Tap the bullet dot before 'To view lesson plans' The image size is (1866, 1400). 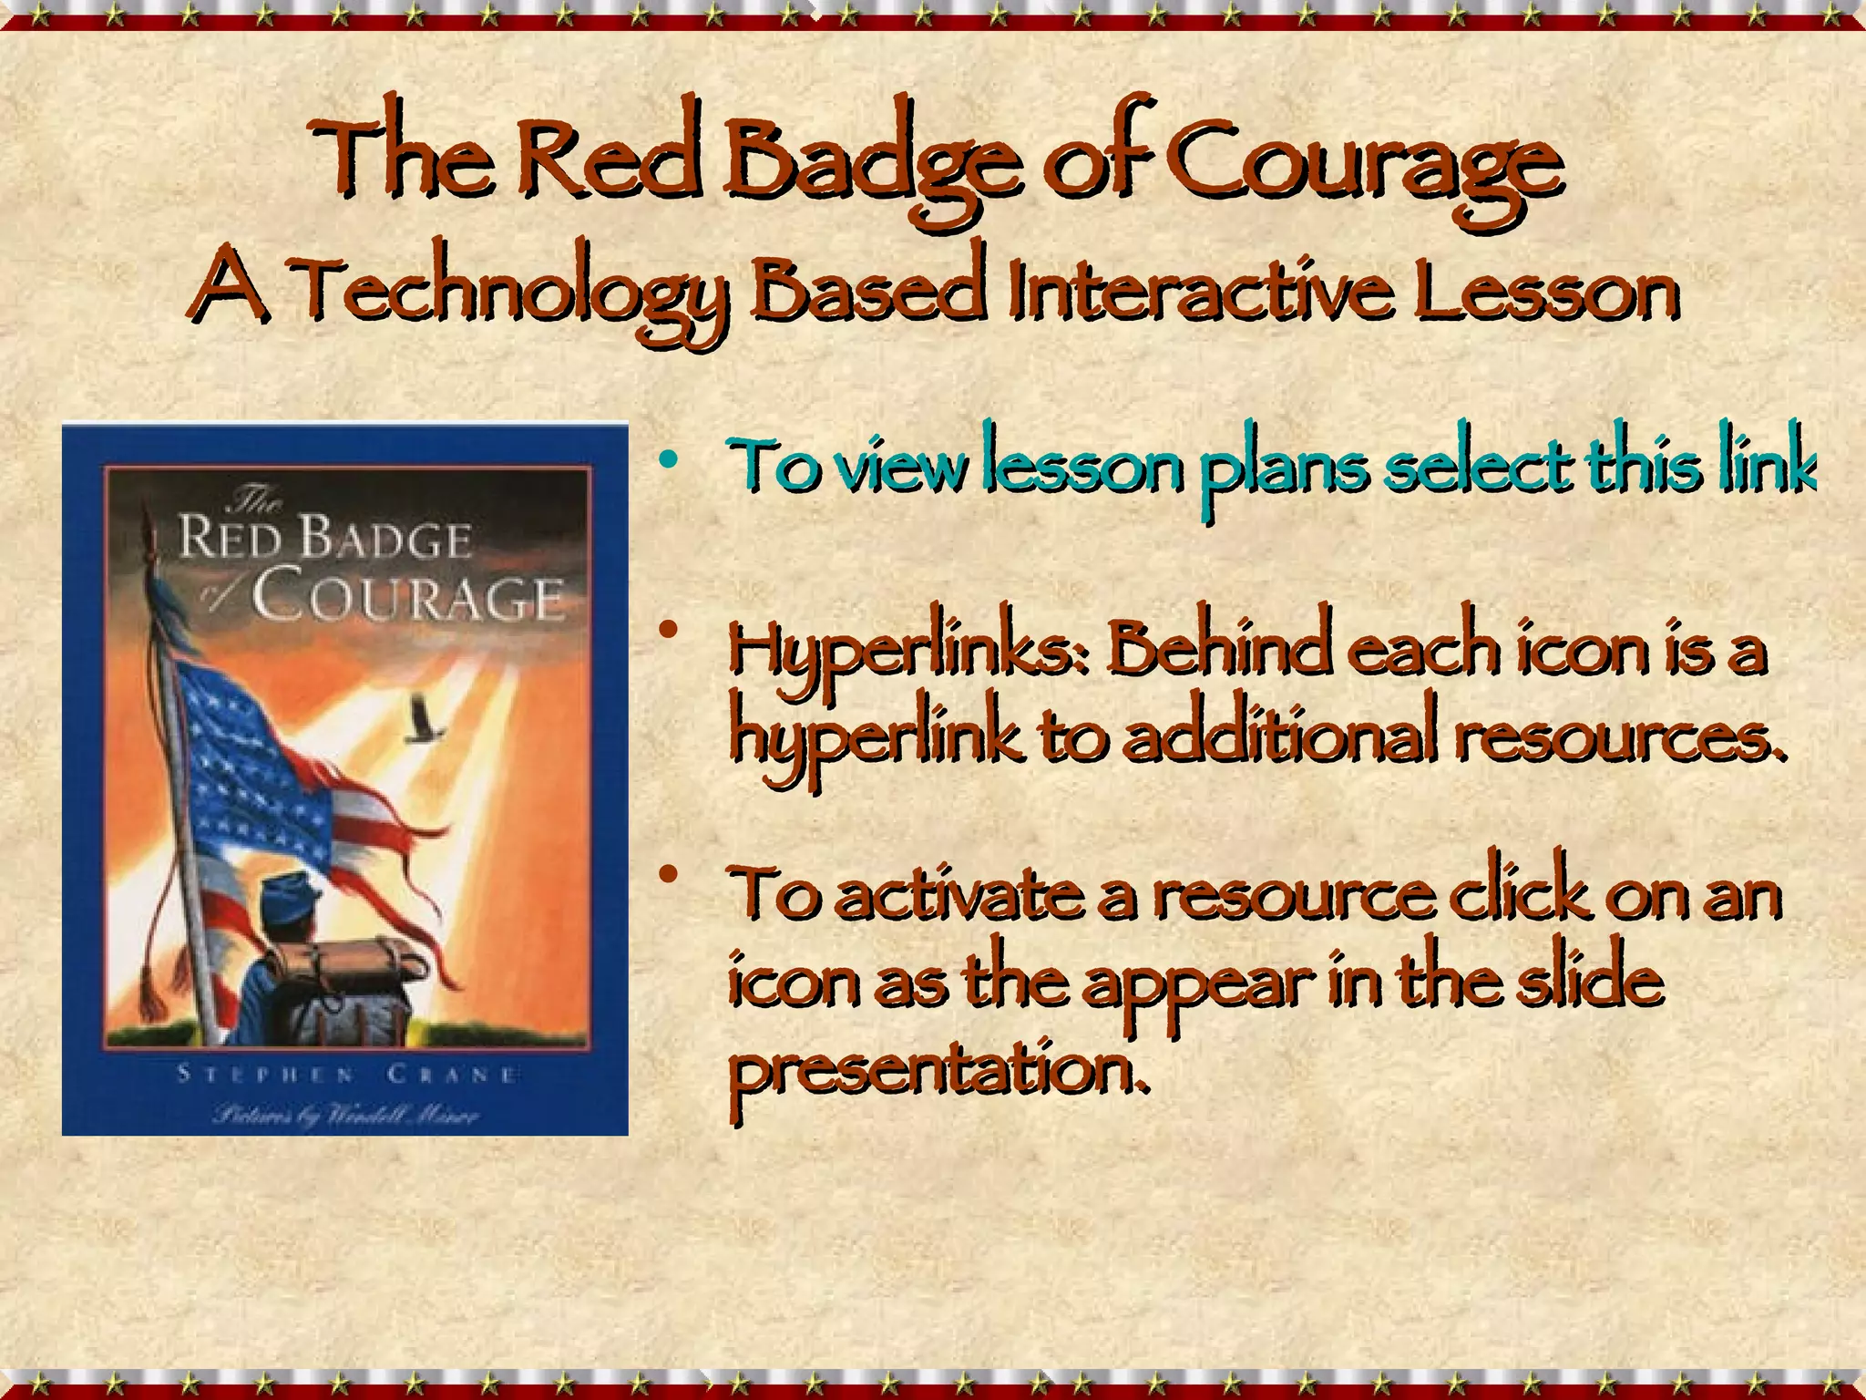[671, 460]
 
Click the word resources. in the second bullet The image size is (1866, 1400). [1617, 738]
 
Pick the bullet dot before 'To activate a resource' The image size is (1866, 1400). [671, 875]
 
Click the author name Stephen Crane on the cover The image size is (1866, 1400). [347, 1074]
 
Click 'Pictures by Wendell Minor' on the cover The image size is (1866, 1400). [345, 1114]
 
